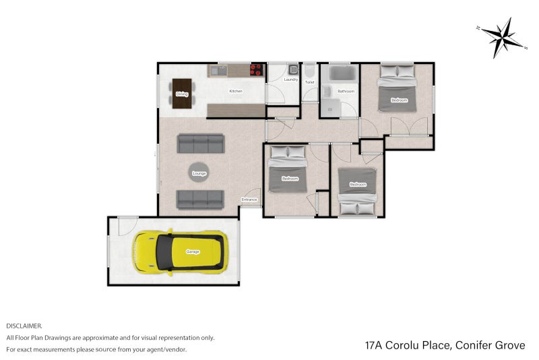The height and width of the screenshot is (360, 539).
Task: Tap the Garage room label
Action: (193, 252)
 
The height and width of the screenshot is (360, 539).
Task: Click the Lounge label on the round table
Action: (199, 174)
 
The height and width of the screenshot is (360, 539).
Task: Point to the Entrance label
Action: (250, 200)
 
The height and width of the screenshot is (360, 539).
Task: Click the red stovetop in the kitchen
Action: (257, 69)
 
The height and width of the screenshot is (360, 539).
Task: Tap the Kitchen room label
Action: (235, 91)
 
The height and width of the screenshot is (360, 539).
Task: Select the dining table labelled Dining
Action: (182, 94)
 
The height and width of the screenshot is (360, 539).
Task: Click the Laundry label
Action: (290, 80)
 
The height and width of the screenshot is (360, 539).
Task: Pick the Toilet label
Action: (309, 82)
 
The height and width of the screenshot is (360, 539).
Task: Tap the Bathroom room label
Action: (346, 90)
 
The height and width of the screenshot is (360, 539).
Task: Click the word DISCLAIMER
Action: (24, 325)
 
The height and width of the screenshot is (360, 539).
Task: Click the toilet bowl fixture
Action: (309, 71)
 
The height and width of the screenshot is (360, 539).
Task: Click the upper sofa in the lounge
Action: (200, 143)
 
